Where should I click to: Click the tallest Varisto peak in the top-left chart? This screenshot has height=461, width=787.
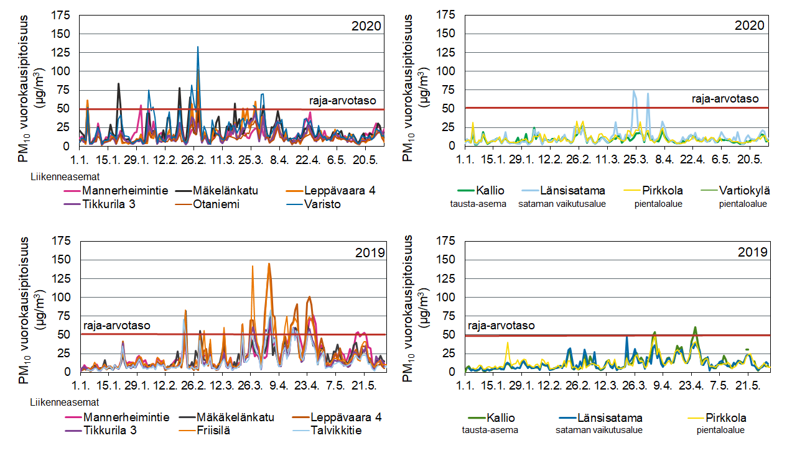pyautogui.click(x=198, y=47)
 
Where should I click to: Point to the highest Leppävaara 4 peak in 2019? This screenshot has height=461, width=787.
pyautogui.click(x=269, y=264)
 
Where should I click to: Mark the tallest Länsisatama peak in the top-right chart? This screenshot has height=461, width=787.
pyautogui.click(x=634, y=91)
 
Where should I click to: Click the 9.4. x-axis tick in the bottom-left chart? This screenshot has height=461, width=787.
pyautogui.click(x=277, y=385)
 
